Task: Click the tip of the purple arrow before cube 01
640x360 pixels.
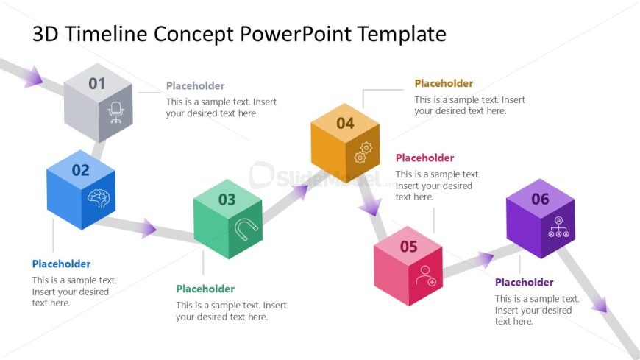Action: [43, 80]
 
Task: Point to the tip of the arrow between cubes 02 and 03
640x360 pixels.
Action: [157, 229]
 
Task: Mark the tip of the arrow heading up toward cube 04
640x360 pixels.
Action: [309, 185]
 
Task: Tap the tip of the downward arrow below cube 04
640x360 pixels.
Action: [374, 216]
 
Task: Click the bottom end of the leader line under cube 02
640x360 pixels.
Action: [53, 252]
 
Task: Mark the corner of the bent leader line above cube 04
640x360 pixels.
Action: [363, 90]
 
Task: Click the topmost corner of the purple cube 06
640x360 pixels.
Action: [540, 179]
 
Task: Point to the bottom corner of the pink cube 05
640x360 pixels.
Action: [408, 306]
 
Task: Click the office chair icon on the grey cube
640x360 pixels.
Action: [116, 113]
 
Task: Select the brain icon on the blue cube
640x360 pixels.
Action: [99, 198]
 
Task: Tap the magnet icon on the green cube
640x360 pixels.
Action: [246, 229]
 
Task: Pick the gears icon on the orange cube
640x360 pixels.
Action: [363, 152]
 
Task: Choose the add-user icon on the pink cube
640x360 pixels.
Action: [426, 275]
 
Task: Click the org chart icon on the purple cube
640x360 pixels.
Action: [558, 227]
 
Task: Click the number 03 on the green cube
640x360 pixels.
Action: [227, 200]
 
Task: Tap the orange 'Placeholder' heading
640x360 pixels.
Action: [444, 83]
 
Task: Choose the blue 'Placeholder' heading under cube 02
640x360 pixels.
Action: [61, 264]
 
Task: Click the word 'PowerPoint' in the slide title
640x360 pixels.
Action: [295, 34]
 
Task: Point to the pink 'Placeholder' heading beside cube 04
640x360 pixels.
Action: [425, 158]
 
